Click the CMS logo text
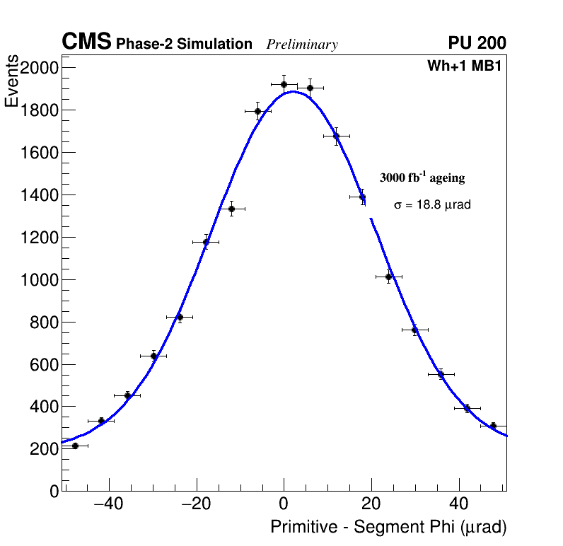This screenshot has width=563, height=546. pyautogui.click(x=86, y=42)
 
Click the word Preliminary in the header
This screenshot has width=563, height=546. pyautogui.click(x=302, y=45)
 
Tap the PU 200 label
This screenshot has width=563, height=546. pyautogui.click(x=477, y=43)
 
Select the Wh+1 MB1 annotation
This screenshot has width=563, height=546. pyautogui.click(x=464, y=66)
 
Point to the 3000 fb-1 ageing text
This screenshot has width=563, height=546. pyautogui.click(x=422, y=178)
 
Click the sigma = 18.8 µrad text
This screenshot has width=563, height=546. pyautogui.click(x=432, y=205)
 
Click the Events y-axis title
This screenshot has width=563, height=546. pyautogui.click(x=12, y=82)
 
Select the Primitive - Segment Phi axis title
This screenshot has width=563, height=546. pyautogui.click(x=388, y=528)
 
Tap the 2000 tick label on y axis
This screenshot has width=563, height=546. pyautogui.click(x=38, y=68)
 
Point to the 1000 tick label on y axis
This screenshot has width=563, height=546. pyautogui.click(x=38, y=280)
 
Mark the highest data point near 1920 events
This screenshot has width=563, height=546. pyautogui.click(x=284, y=84)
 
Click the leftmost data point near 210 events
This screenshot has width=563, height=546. pyautogui.click(x=75, y=446)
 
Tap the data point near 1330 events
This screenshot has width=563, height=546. pyautogui.click(x=231, y=209)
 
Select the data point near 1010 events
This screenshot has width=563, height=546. pyautogui.click(x=388, y=277)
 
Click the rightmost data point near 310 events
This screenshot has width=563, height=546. pyautogui.click(x=493, y=426)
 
